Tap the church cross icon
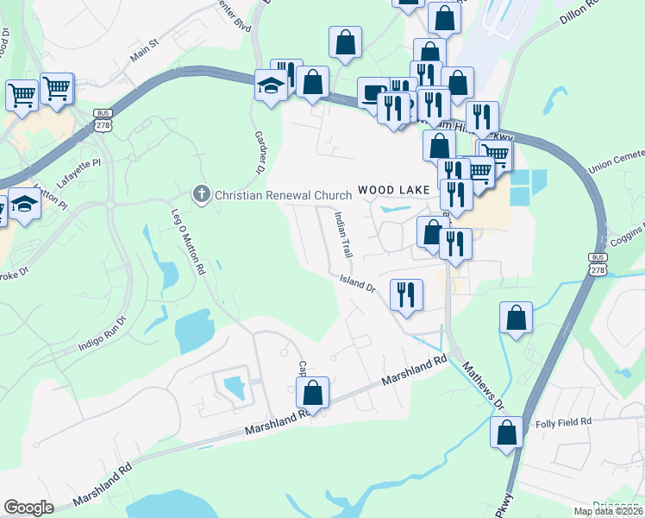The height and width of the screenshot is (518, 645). pos(201,193)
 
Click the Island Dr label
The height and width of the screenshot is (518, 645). pos(358,282)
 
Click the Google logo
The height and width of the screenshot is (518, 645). pos(28,507)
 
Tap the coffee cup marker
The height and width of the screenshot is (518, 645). pos(373,92)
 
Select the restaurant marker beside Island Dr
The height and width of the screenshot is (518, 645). pos(405,294)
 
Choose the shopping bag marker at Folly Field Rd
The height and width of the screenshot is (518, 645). pos(506,430)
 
